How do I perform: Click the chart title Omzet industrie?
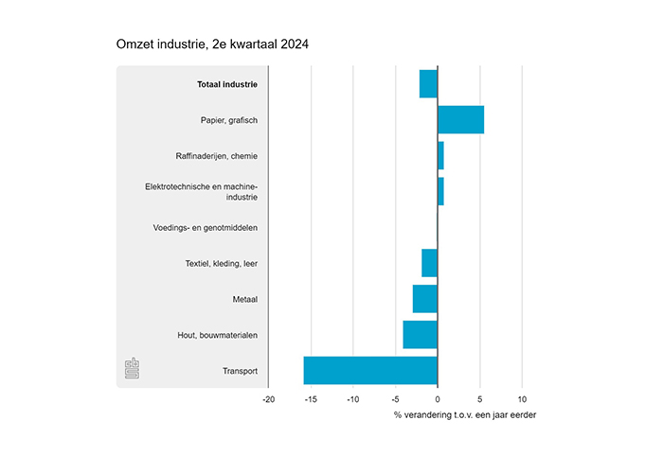pos(212,44)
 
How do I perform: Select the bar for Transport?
pos(370,370)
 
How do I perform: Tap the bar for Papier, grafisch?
pos(460,120)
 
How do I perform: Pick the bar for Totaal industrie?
pos(428,84)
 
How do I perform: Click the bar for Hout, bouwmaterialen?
pos(421,335)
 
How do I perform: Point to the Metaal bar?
pos(425,299)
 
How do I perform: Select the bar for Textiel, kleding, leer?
pos(430,263)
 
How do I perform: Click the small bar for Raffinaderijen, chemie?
pos(440,155)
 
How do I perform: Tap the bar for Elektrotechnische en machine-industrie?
pos(440,191)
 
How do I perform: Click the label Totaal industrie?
pos(227,84)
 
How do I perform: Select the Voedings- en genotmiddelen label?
pos(206,228)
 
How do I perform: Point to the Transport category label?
pos(241,371)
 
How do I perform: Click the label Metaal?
pos(245,300)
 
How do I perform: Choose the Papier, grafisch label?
pos(229,120)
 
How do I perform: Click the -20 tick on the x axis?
pos(268,399)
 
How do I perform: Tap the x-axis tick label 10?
pos(522,399)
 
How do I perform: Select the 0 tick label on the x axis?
pos(438,399)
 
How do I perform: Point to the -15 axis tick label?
pos(310,399)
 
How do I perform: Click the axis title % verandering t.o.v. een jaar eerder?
pos(464,415)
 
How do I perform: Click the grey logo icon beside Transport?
pos(133,369)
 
